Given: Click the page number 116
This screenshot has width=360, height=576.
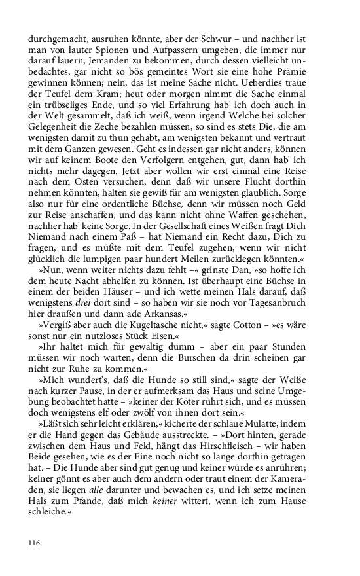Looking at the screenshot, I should click(x=34, y=542).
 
